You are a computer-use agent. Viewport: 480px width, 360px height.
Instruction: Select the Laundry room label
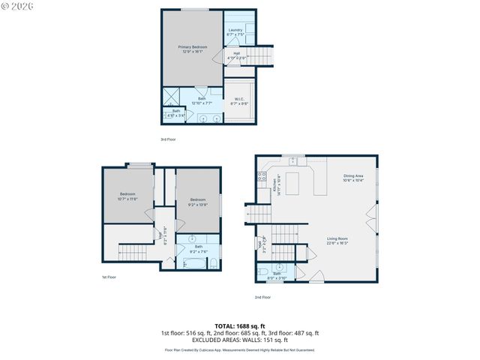[235, 32]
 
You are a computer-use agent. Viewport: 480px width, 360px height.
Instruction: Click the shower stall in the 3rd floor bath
[172, 97]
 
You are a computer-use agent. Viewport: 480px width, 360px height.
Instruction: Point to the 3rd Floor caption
[168, 139]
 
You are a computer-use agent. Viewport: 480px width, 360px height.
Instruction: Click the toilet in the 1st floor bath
[212, 262]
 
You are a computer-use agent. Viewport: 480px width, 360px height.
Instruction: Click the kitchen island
[291, 181]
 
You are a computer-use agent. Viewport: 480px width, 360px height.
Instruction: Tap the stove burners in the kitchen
[262, 178]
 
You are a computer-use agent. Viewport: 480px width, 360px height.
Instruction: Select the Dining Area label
[353, 178]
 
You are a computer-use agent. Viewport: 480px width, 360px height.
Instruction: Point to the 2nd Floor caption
[262, 297]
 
